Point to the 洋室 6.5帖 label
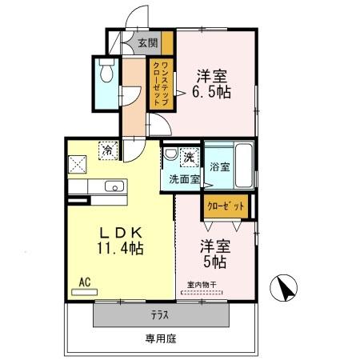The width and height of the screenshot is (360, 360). (212, 84)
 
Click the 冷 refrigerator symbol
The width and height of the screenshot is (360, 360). (106, 148)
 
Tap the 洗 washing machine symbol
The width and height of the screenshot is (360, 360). (190, 155)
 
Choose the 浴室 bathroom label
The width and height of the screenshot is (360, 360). (220, 167)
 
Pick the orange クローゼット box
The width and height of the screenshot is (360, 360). (226, 206)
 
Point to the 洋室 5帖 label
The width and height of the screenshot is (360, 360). (214, 254)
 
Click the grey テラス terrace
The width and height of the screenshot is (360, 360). (158, 314)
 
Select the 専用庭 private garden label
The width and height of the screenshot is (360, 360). (160, 339)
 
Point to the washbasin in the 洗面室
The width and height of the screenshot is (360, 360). (170, 154)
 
